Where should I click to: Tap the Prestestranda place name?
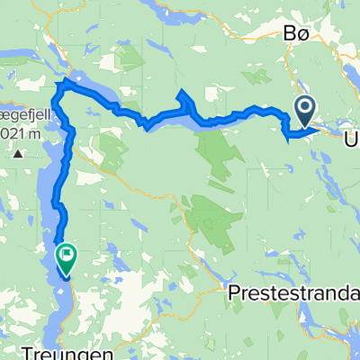[291, 292]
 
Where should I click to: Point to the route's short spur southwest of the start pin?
[286, 137]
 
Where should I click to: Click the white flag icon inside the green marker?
[67, 253]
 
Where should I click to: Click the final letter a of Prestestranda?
[354, 292]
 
